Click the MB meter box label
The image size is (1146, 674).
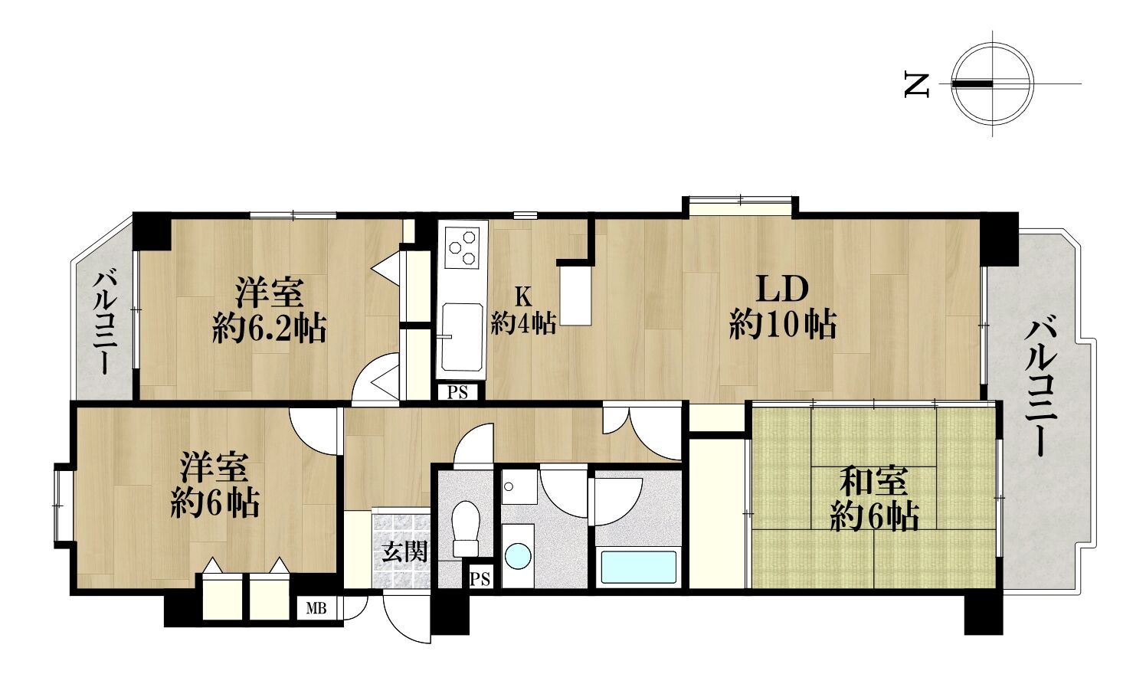point(316,609)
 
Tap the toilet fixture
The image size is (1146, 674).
point(466,528)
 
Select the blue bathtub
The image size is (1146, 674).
point(638,567)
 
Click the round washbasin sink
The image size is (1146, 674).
point(517,556)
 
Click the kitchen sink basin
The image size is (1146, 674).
point(462,338)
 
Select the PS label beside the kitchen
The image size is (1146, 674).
point(457,393)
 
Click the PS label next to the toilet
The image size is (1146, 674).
point(480,579)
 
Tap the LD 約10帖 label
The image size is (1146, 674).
point(783,309)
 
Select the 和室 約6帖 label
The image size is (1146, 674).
point(874,500)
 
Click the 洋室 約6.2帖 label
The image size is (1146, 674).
point(269,310)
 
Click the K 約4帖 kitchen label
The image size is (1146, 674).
point(523,310)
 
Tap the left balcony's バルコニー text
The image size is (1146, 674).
point(105,324)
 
